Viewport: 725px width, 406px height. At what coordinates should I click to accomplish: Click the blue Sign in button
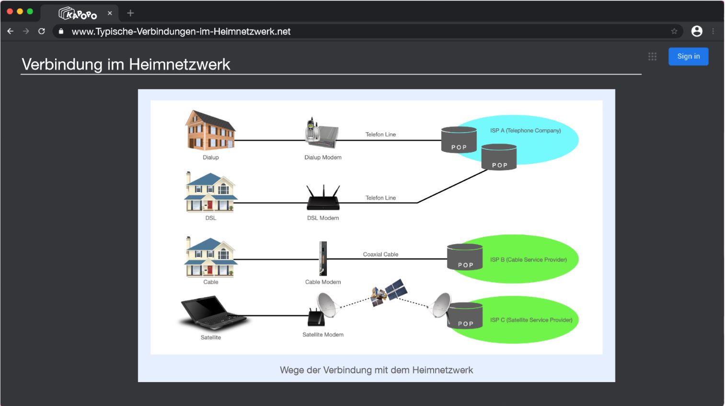tap(688, 56)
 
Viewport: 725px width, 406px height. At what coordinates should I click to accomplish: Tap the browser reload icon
tap(42, 31)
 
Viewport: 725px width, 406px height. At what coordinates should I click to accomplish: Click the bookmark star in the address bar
tap(674, 32)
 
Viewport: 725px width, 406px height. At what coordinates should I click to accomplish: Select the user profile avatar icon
tap(697, 31)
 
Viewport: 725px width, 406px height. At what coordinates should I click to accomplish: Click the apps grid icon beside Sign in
tap(652, 56)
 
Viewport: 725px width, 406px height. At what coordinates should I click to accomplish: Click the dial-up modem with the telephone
tap(322, 133)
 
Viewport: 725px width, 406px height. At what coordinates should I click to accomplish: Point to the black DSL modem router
tap(323, 198)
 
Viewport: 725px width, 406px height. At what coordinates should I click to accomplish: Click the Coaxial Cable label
tap(380, 254)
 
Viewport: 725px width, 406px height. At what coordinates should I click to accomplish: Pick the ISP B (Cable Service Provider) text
tap(528, 259)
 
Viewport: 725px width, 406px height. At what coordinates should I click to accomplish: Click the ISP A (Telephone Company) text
tap(525, 130)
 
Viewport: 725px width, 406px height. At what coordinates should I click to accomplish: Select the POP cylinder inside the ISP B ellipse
tap(465, 257)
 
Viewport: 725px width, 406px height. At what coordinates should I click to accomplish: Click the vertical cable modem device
tap(323, 258)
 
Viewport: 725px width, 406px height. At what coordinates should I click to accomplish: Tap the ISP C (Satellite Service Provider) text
tap(531, 320)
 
